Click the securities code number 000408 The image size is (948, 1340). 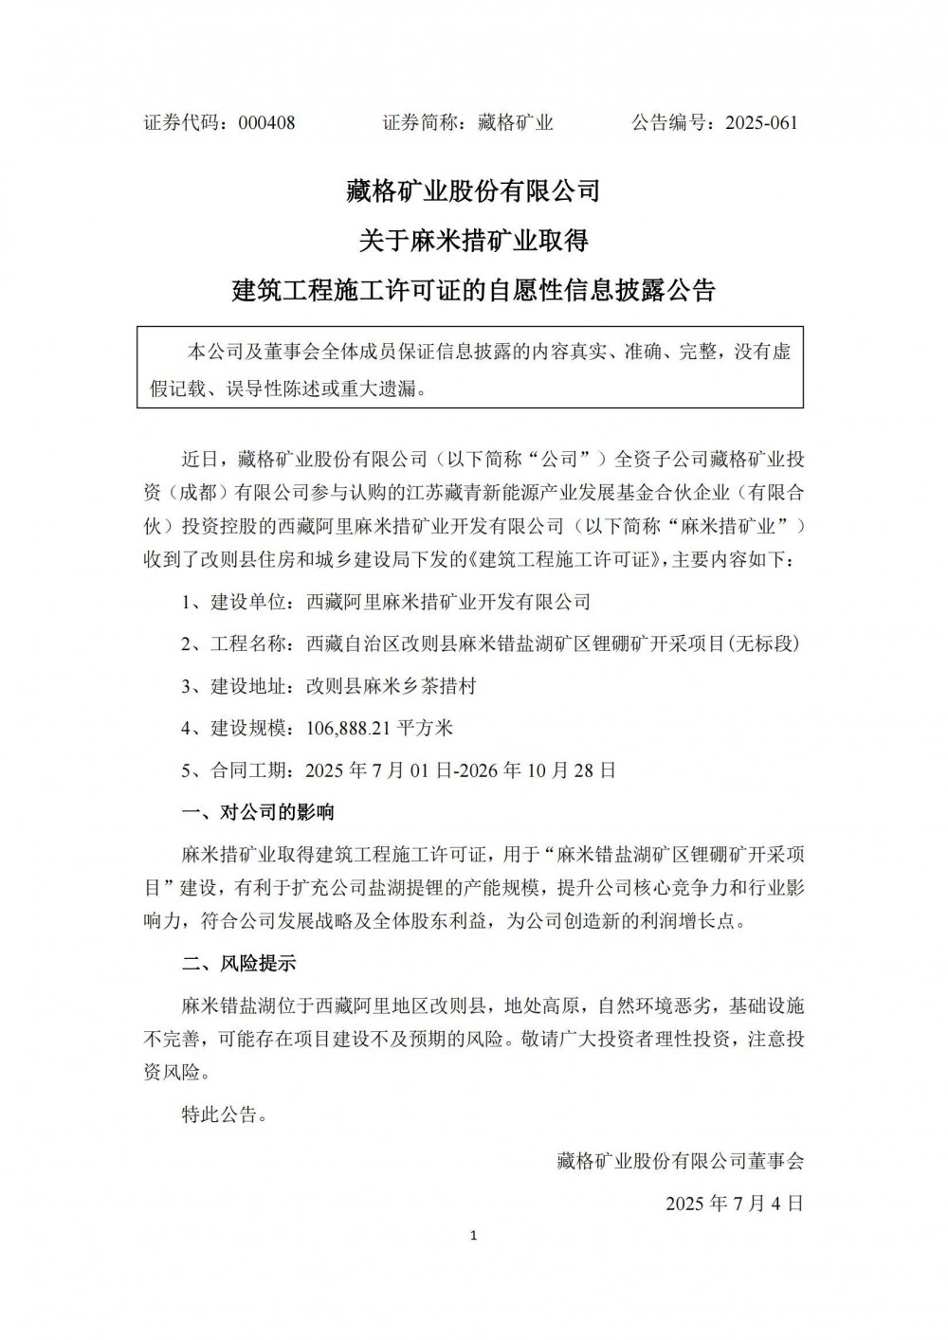coord(266,122)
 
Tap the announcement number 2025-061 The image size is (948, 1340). coord(761,122)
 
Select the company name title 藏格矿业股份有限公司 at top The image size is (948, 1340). coord(473,190)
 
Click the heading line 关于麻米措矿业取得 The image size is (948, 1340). coord(473,241)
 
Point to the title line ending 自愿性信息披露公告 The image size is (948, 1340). coord(473,290)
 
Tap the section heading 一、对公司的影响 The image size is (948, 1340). coord(258,812)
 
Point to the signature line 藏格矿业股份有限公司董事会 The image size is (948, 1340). coord(680,1160)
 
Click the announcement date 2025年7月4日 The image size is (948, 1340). coord(735,1204)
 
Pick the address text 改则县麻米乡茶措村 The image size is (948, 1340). coord(391,686)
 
